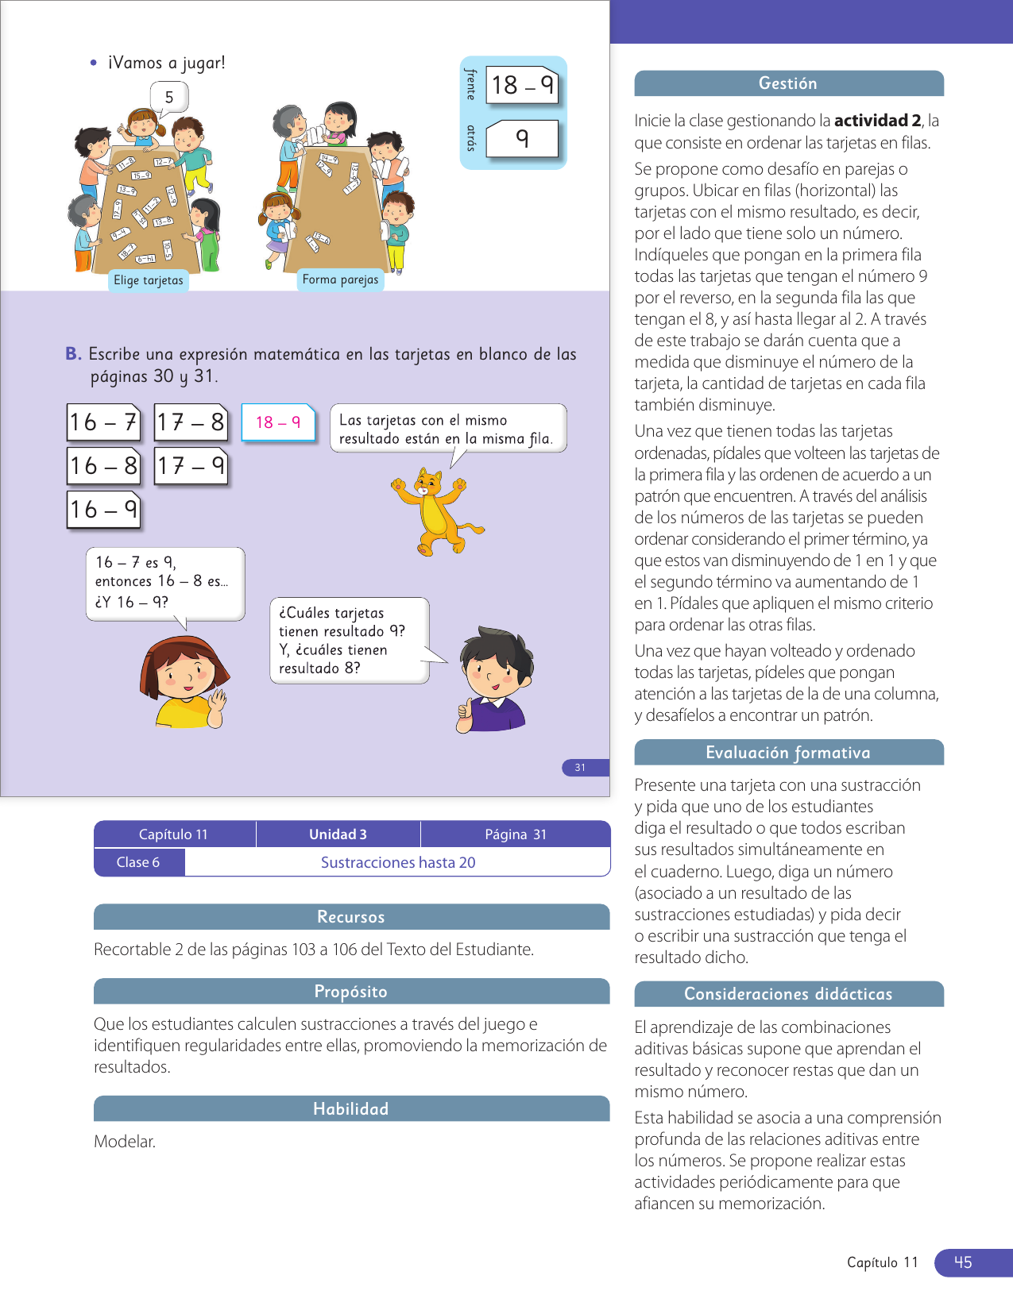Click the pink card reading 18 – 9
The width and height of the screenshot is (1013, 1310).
tap(278, 422)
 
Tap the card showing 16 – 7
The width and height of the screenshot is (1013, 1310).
tap(103, 422)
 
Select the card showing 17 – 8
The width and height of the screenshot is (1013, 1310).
tap(191, 422)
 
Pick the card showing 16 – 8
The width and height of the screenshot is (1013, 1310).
tap(103, 466)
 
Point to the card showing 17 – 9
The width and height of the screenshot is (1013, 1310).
tap(191, 466)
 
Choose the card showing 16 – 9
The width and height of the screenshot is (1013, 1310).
tap(103, 510)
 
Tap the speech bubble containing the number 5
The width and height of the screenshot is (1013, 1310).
tap(169, 98)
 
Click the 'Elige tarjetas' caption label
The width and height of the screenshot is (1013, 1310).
tap(149, 280)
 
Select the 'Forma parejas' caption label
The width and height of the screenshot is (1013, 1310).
tap(340, 279)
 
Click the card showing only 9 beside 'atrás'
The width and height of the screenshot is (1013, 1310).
tap(521, 139)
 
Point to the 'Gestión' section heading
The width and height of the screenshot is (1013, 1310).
tap(788, 83)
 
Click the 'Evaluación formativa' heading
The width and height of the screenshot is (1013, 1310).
tap(788, 753)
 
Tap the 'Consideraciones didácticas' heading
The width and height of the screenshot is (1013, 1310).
tap(788, 994)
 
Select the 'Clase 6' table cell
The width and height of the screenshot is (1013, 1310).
tap(138, 862)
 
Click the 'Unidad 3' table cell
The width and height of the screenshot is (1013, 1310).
tap(338, 834)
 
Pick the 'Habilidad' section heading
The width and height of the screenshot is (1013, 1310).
tap(351, 1109)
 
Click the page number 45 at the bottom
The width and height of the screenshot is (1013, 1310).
tap(963, 1262)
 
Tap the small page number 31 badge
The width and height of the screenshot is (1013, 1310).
tap(581, 768)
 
